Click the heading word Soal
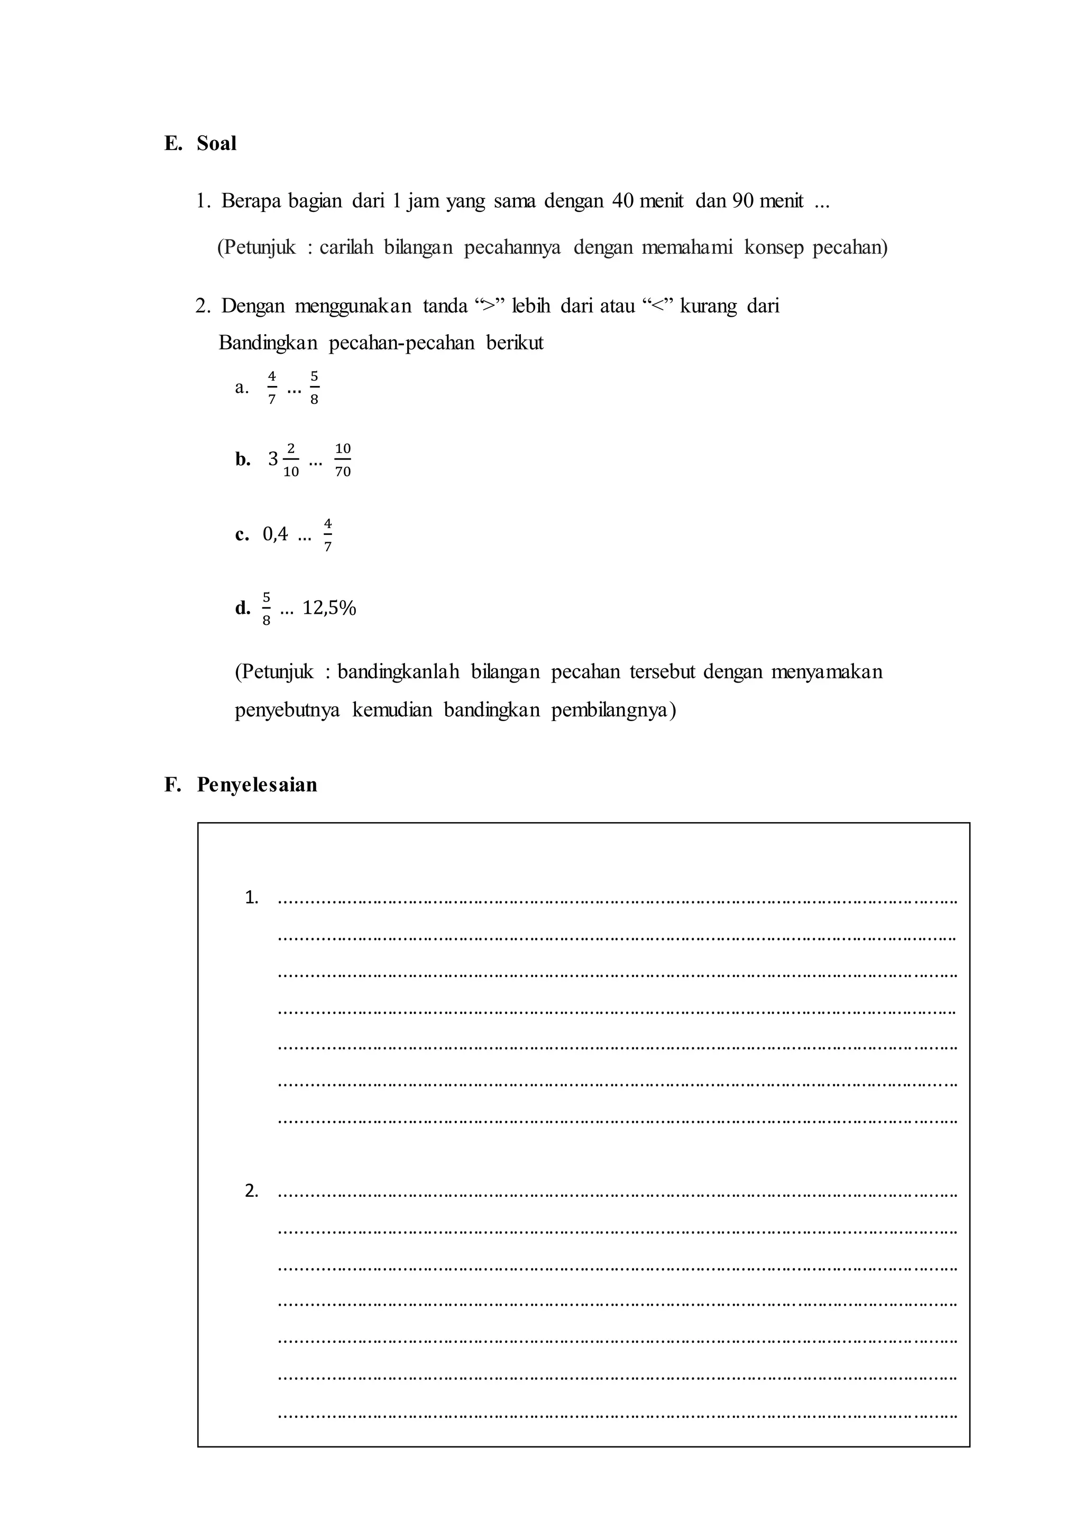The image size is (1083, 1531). point(216,143)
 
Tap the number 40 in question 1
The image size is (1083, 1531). point(623,201)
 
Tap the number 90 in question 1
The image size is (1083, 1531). point(742,201)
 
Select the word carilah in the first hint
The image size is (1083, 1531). point(345,247)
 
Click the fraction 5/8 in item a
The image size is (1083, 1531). point(314,388)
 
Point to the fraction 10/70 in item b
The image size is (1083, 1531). point(343,460)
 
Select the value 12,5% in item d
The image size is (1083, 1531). point(329,608)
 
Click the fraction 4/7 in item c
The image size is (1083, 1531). point(327,535)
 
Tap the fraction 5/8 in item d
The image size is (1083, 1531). point(266,608)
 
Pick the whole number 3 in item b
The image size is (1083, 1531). point(273,459)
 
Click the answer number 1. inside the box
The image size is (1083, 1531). point(251,898)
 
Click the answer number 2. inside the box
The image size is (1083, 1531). point(251,1190)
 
